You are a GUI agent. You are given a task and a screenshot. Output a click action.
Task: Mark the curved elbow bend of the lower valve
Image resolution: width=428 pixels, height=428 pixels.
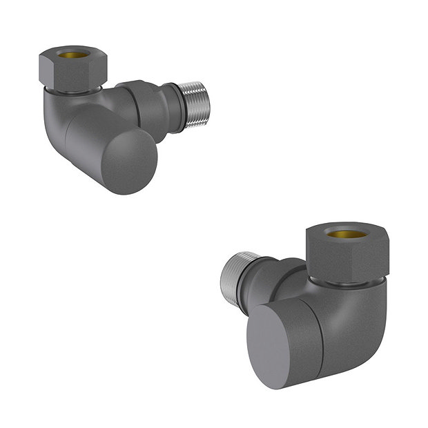click(359, 324)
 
